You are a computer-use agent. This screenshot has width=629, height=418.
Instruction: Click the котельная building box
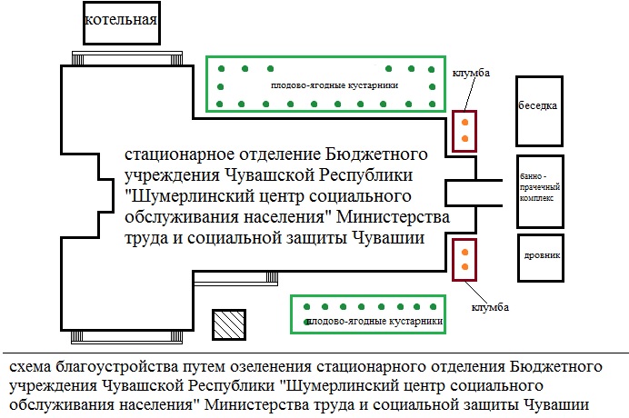(121, 22)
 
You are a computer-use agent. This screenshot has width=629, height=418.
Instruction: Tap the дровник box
(542, 256)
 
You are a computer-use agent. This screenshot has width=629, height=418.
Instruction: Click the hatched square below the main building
(227, 324)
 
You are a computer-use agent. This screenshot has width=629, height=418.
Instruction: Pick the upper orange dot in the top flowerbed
(464, 122)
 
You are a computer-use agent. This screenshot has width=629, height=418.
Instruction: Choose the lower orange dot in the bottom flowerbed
(464, 267)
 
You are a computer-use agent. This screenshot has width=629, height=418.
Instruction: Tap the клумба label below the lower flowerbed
(490, 306)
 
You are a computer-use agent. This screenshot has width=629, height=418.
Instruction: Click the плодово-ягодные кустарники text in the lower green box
(374, 322)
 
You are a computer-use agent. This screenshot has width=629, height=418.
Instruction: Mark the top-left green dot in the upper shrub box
(220, 69)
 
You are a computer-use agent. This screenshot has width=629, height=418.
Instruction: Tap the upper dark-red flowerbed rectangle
(464, 131)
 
